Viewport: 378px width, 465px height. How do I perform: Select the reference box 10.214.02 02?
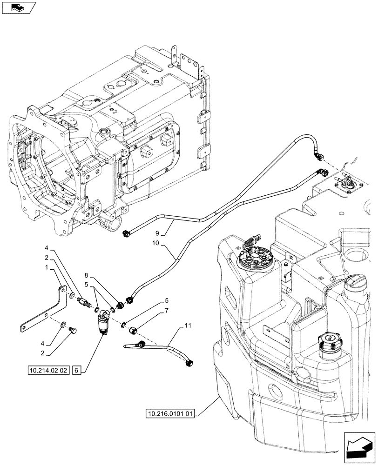(x=48, y=371)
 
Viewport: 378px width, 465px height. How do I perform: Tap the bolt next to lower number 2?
(x=72, y=331)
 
